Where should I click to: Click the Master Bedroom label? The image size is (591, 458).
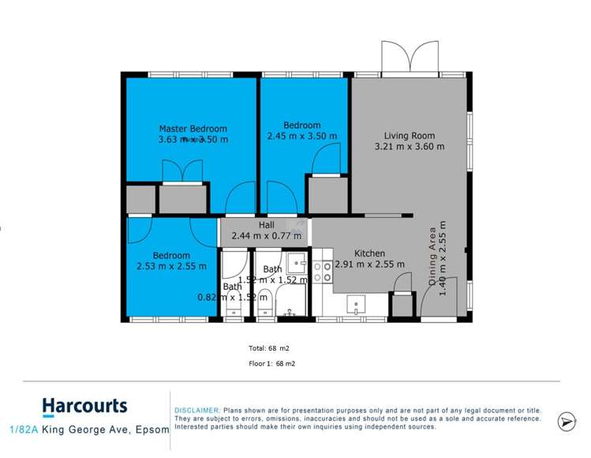(x=193, y=129)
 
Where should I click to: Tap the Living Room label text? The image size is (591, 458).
(x=410, y=134)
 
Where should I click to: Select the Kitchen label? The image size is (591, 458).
(x=369, y=253)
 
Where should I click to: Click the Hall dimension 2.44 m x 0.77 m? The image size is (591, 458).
(x=267, y=235)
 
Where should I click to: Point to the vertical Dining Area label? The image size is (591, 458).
(x=432, y=257)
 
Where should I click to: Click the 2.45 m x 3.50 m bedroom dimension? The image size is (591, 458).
(x=302, y=136)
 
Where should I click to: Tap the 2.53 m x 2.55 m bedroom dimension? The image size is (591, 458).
(x=171, y=266)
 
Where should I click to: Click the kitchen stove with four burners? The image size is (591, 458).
(x=323, y=272)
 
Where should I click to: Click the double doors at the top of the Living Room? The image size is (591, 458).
(x=410, y=56)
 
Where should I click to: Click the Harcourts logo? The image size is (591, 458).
(x=84, y=407)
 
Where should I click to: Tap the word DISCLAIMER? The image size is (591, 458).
(x=197, y=411)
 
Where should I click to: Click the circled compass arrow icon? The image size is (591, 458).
(x=567, y=422)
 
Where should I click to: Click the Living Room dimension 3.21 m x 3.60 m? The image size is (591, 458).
(x=409, y=146)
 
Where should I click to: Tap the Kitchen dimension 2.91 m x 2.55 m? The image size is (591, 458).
(x=369, y=265)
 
